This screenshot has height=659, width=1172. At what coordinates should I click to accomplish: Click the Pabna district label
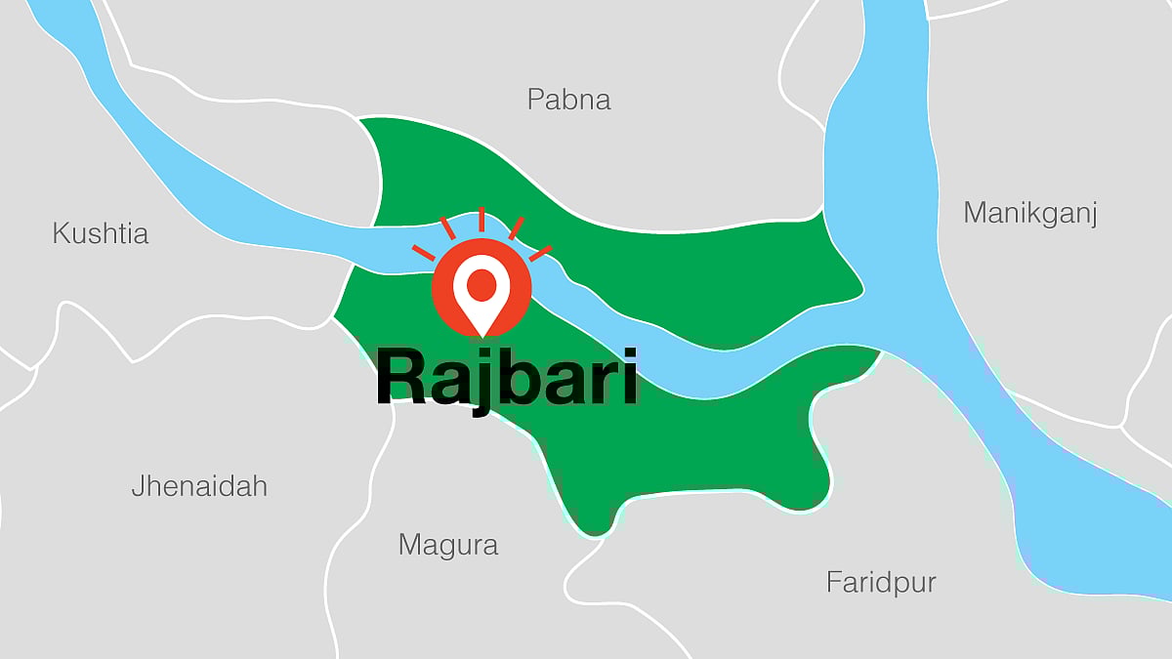[568, 100]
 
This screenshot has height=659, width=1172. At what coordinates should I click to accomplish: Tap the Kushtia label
[100, 234]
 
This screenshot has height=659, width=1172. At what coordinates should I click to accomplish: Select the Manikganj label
[1030, 214]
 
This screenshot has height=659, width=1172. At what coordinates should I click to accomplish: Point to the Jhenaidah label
[199, 486]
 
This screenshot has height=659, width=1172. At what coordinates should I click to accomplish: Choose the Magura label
[448, 545]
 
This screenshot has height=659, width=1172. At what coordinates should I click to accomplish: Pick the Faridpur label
[881, 584]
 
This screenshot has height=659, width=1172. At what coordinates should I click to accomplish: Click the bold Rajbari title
[507, 379]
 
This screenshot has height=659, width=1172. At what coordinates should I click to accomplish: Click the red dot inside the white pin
[481, 284]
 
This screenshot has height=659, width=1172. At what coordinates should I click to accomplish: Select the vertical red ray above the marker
[481, 221]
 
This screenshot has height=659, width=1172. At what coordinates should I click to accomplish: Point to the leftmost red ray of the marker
[423, 252]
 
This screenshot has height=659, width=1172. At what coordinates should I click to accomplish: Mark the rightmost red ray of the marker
[540, 253]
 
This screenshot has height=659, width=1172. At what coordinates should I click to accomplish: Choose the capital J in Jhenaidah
[139, 486]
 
